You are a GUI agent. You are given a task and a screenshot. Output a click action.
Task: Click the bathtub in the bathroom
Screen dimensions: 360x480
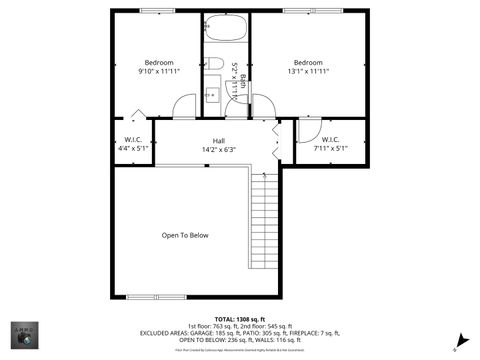click(225, 28)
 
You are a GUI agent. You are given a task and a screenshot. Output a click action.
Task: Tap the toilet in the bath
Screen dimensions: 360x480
click(215, 64)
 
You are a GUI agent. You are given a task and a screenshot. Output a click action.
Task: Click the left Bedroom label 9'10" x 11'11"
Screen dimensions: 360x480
click(159, 67)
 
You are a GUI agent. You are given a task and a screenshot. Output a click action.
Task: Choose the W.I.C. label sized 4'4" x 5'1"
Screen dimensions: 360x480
click(132, 144)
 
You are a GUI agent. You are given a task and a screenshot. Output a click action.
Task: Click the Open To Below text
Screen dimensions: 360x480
click(185, 235)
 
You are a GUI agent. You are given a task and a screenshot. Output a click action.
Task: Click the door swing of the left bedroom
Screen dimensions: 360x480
click(185, 107)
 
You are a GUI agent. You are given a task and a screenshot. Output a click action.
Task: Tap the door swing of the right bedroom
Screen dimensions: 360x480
click(263, 107)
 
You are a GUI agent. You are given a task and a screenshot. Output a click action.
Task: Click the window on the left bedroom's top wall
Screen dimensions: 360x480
click(157, 11)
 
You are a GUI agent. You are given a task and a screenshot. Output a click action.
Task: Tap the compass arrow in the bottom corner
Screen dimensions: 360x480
click(458, 340)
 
